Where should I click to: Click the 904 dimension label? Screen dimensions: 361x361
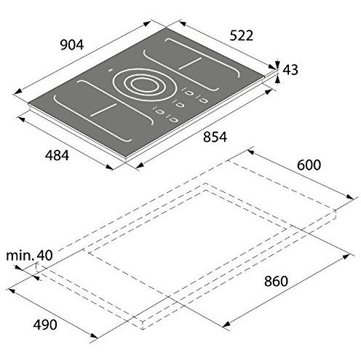click(72, 45)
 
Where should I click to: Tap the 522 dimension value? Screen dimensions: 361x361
click(242, 36)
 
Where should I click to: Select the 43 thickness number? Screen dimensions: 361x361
click(290, 70)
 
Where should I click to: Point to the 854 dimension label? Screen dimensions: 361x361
click(215, 137)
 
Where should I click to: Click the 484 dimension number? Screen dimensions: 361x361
click(57, 155)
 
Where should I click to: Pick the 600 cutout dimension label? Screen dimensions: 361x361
click(309, 165)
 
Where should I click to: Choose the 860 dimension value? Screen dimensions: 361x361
click(276, 281)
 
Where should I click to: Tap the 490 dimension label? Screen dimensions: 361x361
click(45, 325)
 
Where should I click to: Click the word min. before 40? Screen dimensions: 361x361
click(20, 255)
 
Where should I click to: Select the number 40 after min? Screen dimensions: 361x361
click(44, 255)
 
